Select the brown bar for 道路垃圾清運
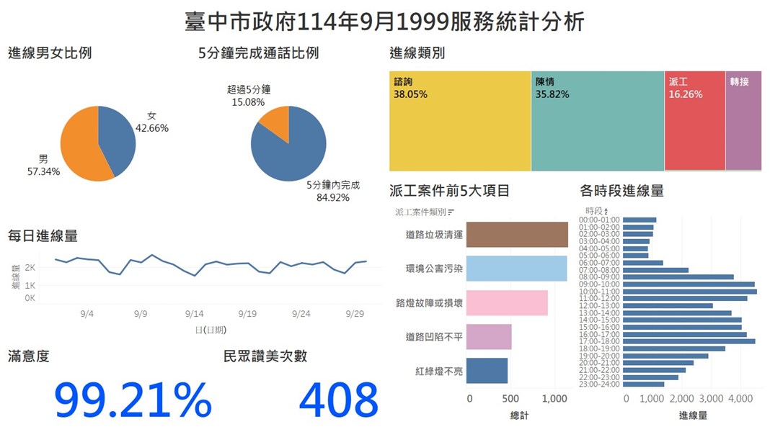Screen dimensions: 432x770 click(517, 235)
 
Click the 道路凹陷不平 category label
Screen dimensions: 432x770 click(434, 337)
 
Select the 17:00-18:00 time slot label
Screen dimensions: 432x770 click(599, 341)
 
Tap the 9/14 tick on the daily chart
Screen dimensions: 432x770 click(194, 314)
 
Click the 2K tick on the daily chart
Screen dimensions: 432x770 click(30, 267)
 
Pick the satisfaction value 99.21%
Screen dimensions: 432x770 click(133, 400)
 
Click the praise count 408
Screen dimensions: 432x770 click(338, 400)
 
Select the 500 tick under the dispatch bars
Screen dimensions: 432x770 click(511, 398)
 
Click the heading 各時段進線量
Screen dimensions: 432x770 click(621, 191)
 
